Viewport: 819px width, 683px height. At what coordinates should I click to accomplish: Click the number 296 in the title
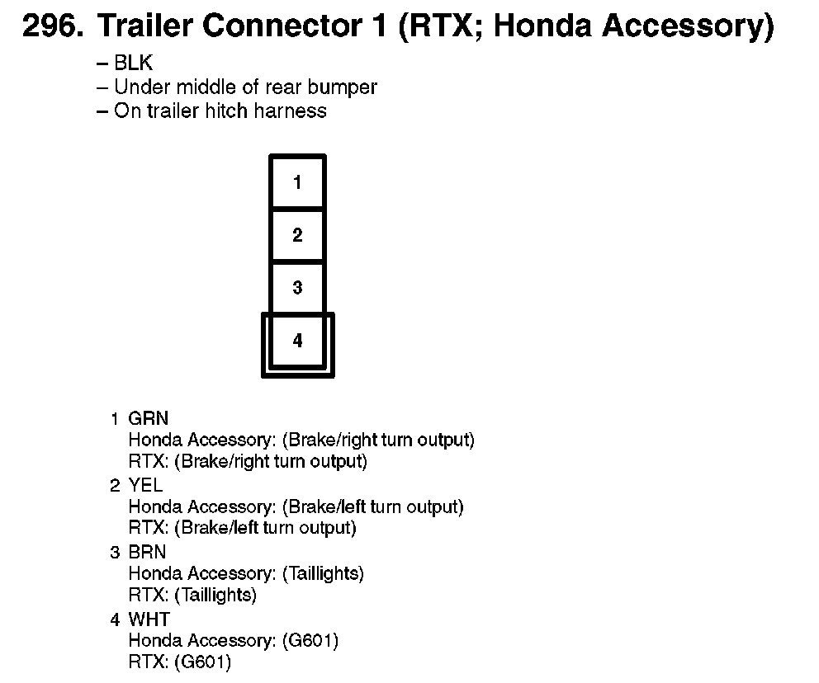[51, 27]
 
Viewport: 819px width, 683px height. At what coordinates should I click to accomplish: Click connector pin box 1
[297, 182]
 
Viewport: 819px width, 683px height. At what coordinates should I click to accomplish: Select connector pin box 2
[297, 235]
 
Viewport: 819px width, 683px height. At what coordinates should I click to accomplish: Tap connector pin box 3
[297, 288]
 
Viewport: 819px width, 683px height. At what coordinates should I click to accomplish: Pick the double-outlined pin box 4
[297, 341]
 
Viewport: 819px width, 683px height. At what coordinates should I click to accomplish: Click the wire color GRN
[149, 419]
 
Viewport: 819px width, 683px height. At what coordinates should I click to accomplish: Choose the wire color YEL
[145, 485]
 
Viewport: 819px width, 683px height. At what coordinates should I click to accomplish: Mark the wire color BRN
[148, 552]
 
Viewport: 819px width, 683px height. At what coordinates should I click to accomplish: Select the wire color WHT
[149, 619]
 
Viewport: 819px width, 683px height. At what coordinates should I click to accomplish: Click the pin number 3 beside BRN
[115, 552]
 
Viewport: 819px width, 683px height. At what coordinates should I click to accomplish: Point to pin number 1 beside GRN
[115, 419]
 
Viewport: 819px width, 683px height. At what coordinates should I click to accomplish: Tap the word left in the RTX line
[238, 527]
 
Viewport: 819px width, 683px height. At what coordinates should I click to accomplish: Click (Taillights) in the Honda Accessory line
[323, 573]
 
